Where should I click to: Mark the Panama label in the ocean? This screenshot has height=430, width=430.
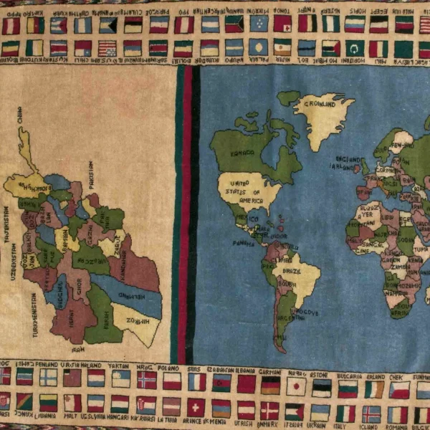click(244, 242)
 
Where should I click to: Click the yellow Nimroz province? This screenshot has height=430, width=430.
click(136, 322)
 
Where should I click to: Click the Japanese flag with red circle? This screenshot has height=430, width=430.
click(296, 386)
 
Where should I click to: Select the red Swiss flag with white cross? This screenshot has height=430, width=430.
click(195, 407)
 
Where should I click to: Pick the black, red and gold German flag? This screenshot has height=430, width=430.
click(271, 385)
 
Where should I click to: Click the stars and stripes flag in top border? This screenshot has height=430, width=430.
click(107, 48)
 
